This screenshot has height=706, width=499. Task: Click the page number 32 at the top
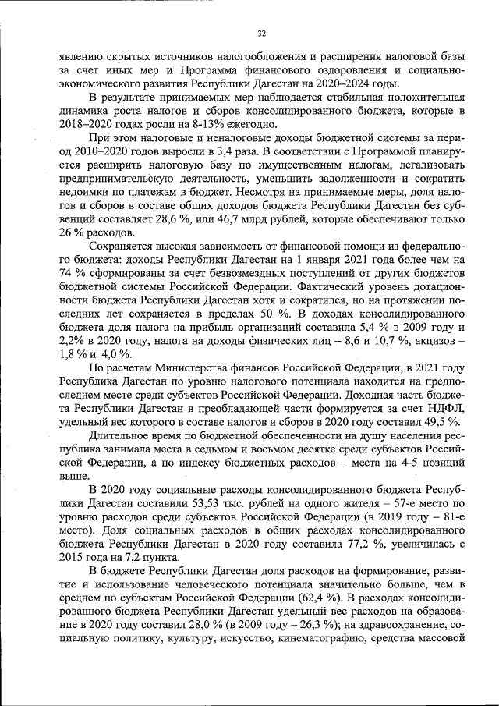(262, 33)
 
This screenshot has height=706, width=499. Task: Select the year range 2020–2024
(346, 84)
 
